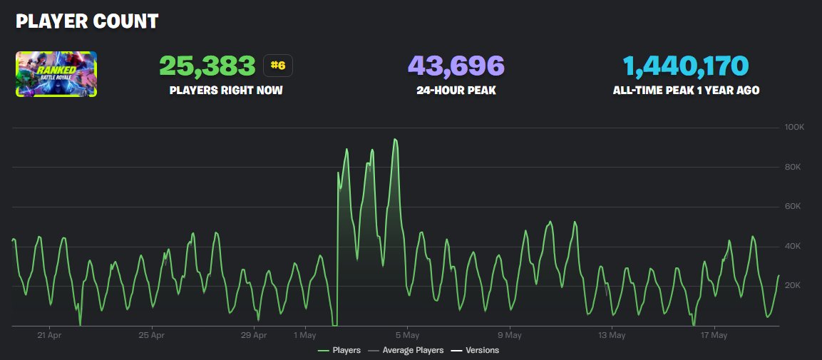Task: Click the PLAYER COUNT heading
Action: point(87,21)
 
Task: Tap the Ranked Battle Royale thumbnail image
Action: point(56,73)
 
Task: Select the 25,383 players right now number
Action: point(207,66)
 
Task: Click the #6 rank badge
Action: point(278,66)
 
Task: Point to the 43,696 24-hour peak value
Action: point(456,66)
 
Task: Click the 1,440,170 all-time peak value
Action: point(686,66)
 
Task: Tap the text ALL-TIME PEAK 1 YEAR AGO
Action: point(686,91)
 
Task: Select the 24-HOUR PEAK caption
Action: point(456,91)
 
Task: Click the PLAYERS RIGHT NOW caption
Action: point(226,91)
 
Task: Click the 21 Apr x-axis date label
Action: point(50,335)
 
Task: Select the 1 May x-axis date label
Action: point(304,335)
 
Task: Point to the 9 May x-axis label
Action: point(509,335)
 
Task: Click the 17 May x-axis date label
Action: point(714,335)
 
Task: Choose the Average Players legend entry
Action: point(413,350)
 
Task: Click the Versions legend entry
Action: point(482,350)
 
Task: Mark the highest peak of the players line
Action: point(395,140)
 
